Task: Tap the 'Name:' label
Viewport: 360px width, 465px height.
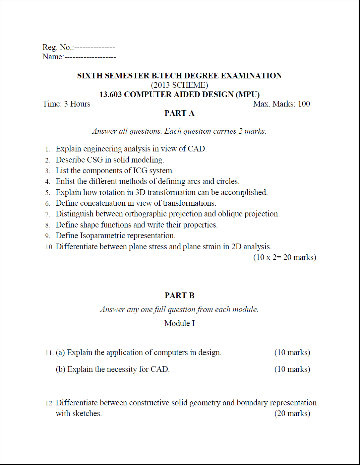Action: click(53, 57)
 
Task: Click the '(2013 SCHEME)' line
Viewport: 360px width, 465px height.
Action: click(179, 85)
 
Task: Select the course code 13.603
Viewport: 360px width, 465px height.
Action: click(110, 94)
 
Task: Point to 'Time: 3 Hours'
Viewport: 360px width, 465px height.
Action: click(66, 104)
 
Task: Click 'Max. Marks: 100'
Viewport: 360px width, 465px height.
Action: click(282, 104)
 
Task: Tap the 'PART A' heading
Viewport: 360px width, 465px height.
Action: click(179, 113)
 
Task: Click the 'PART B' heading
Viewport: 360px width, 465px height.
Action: click(179, 295)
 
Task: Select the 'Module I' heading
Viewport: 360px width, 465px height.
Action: click(179, 323)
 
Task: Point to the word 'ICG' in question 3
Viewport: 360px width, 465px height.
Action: click(140, 171)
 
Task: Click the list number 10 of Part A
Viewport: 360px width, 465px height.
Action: click(49, 247)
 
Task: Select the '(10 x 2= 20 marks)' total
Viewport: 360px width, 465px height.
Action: click(285, 257)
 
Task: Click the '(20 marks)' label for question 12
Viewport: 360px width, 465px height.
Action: click(292, 413)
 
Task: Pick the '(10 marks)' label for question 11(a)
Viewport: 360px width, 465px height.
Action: click(292, 352)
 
